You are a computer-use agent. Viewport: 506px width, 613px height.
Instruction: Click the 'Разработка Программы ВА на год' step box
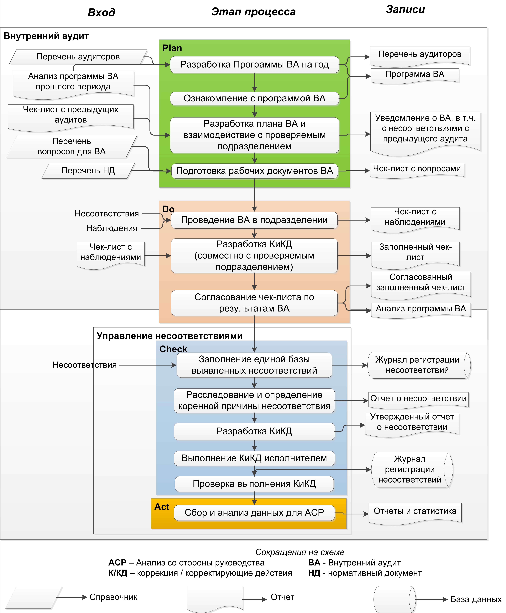(255, 65)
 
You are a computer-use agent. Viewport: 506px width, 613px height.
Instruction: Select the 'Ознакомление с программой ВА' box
(255, 98)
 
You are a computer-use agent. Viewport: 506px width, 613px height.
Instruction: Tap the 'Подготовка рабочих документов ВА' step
(255, 171)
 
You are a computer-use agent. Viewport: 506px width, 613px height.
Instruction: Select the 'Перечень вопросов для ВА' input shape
(72, 146)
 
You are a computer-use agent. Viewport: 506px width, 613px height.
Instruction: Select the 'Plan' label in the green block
(172, 48)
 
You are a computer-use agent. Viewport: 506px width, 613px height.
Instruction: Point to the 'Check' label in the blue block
(173, 349)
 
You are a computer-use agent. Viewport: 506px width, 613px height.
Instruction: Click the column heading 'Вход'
(101, 12)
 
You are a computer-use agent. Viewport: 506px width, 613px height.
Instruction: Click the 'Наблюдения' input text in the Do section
(112, 228)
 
